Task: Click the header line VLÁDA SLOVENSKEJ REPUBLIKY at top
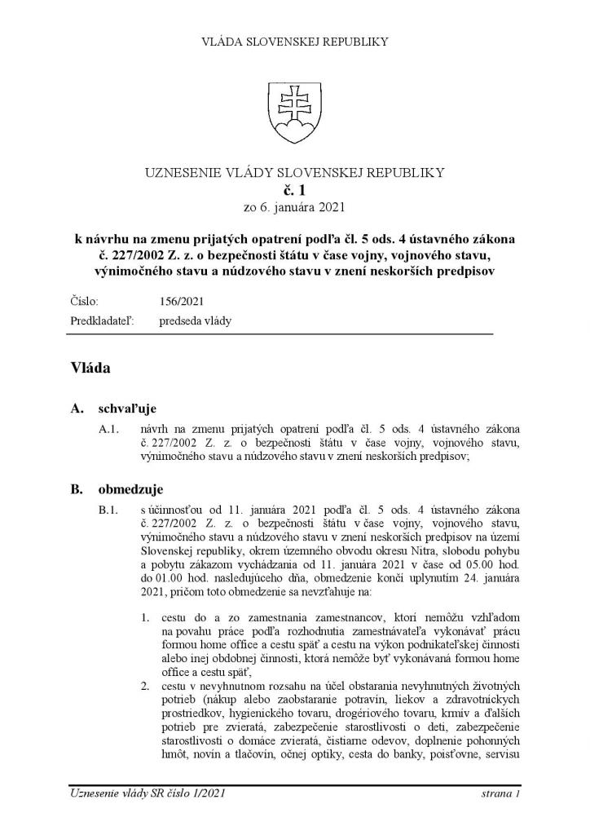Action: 294,41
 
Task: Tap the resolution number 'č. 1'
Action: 294,190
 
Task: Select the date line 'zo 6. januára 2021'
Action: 294,207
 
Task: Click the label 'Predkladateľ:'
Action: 102,320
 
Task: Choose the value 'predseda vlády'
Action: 196,320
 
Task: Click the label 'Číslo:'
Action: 85,301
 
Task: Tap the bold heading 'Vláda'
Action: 90,368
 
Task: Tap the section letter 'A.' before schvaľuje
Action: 78,408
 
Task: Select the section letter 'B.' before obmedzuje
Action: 78,489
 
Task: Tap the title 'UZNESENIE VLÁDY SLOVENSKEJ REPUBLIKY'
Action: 294,172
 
